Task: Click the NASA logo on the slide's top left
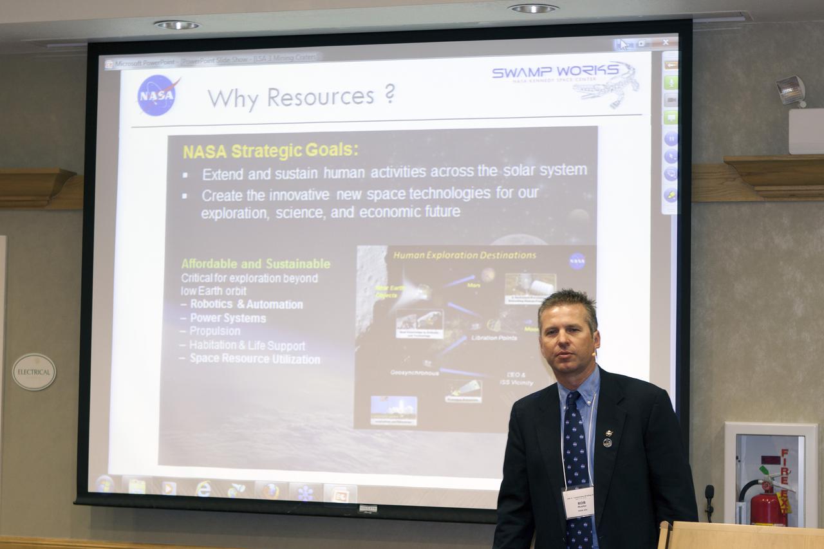pos(157,95)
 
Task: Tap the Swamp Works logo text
pos(555,71)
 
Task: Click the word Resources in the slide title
pos(321,97)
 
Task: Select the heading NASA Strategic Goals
pos(270,151)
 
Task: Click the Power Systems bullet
pos(227,318)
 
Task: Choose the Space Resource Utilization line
pos(254,359)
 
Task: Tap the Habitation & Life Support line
pos(247,346)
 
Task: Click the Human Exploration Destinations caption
pos(464,256)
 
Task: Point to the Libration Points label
pos(494,337)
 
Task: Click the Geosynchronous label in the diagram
pos(415,373)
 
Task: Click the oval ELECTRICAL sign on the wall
pos(34,371)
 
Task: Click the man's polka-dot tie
pos(577,463)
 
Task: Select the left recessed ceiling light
pos(177,25)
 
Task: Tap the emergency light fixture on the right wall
pos(791,90)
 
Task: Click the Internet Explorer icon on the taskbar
pos(203,489)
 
